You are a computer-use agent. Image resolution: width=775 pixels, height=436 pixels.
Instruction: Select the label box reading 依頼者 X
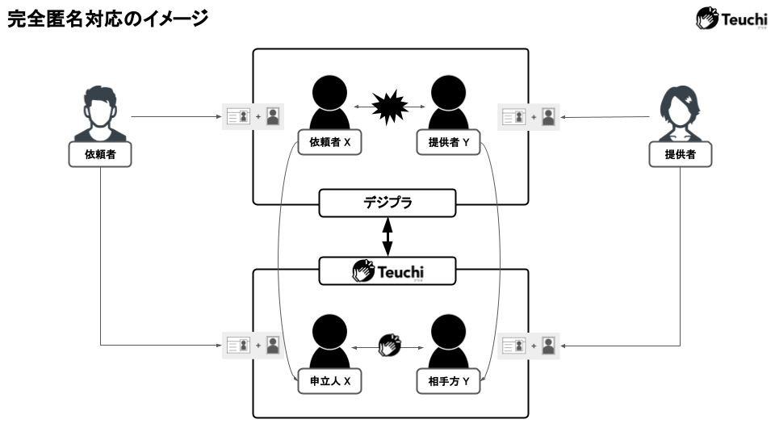(x=329, y=142)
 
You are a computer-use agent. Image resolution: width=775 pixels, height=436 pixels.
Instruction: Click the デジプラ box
(x=387, y=203)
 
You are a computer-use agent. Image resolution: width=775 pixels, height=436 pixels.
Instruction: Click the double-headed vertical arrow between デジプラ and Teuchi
(x=387, y=237)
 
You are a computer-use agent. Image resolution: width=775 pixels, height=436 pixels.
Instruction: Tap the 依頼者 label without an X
(x=98, y=154)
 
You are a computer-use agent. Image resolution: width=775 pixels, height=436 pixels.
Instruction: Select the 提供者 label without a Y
(x=681, y=154)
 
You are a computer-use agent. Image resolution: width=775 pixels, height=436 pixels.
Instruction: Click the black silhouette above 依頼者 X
(x=329, y=103)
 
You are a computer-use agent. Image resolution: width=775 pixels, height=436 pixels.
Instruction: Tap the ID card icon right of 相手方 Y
(x=514, y=346)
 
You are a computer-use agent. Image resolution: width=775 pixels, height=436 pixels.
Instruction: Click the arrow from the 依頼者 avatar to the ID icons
(x=174, y=116)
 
